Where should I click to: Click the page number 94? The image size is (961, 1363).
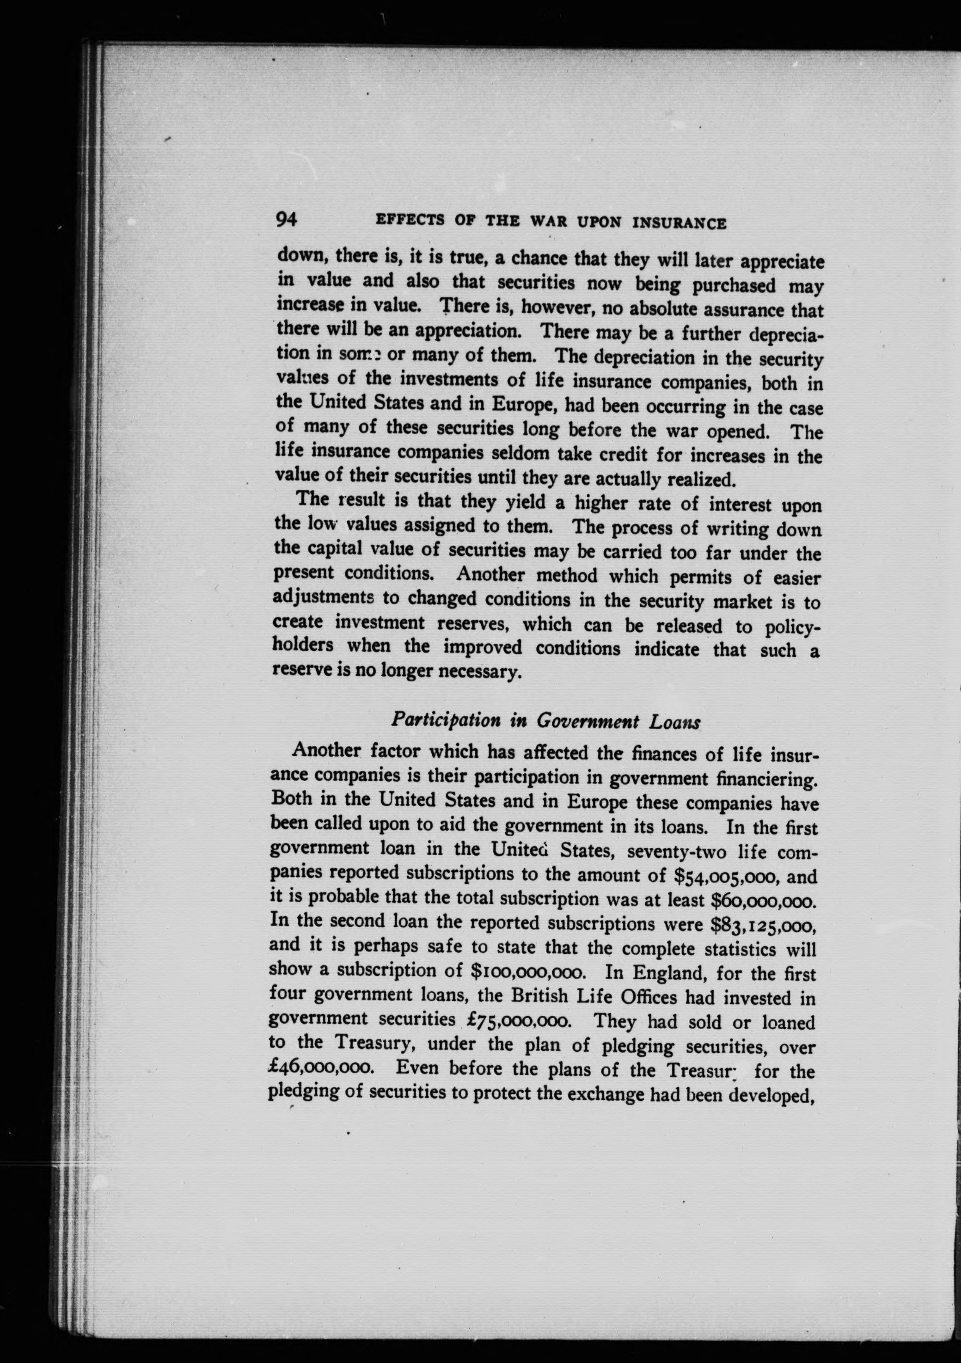[x=286, y=219]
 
